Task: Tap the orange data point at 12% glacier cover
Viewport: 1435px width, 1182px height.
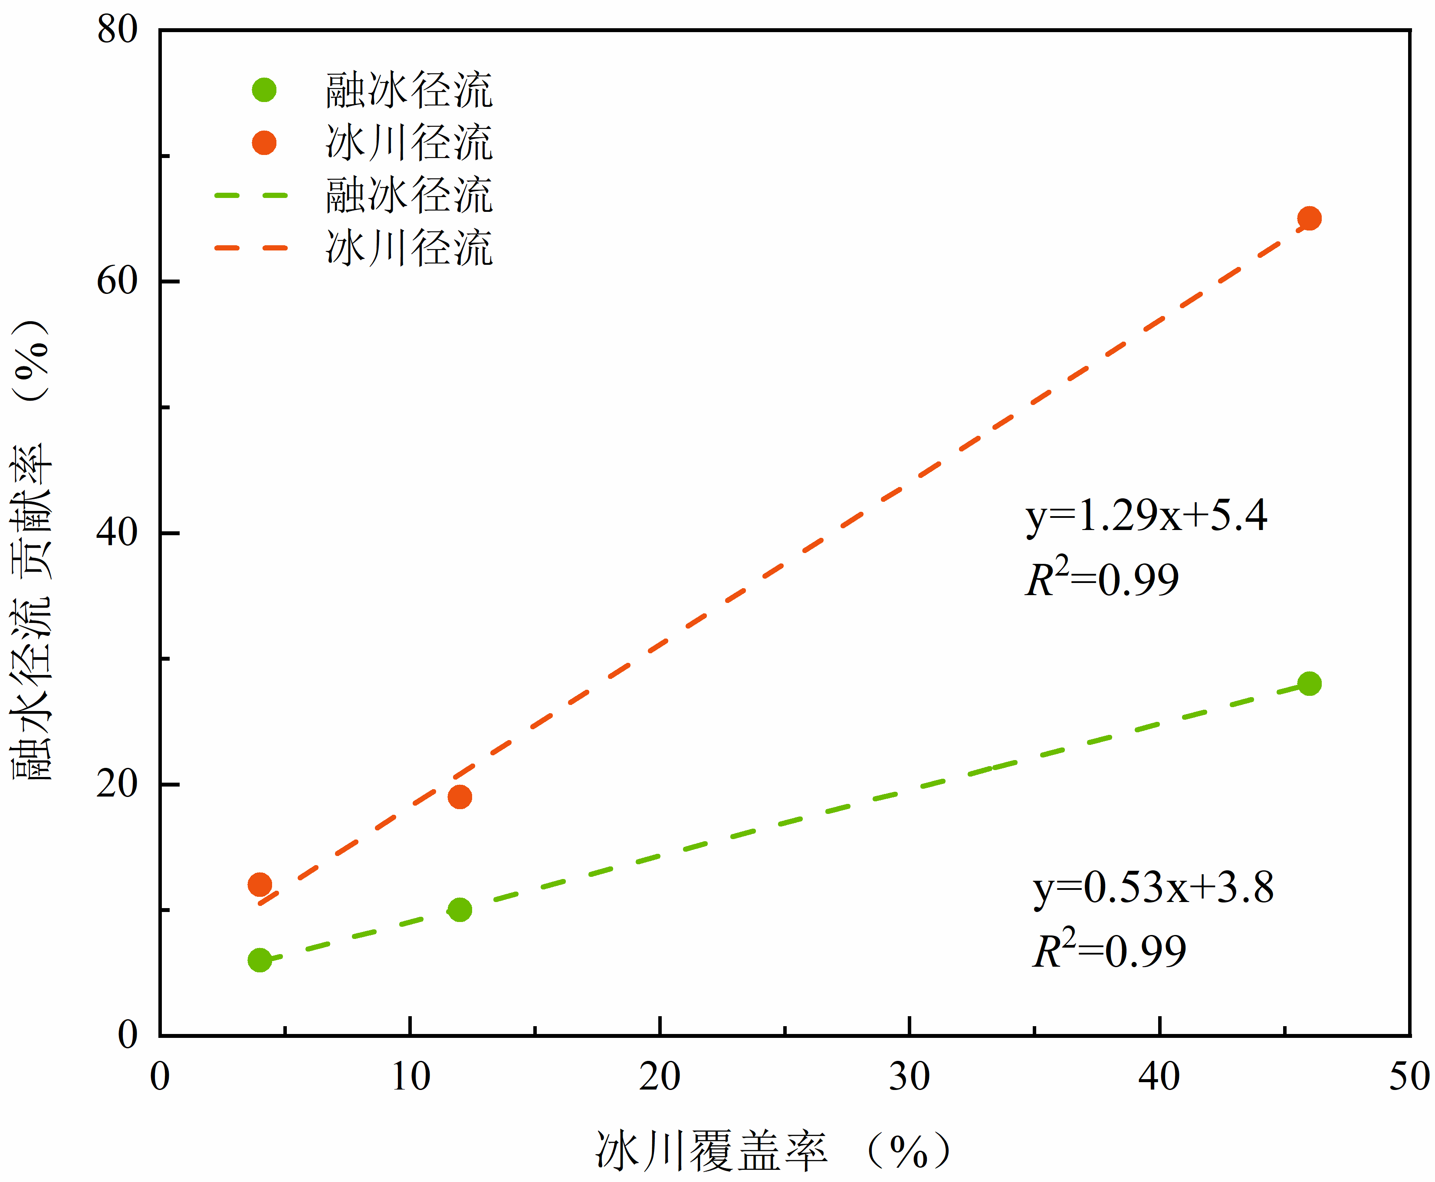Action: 460,797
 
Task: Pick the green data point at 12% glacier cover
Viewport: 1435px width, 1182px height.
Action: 460,910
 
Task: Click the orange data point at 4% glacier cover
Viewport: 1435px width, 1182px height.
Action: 260,885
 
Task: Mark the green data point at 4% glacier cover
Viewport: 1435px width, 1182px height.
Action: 260,960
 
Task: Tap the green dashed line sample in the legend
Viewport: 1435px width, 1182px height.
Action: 251,195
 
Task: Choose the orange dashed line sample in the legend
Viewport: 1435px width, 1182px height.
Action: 251,248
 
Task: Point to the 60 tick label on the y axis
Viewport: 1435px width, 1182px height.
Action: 117,280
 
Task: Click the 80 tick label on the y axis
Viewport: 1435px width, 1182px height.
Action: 117,30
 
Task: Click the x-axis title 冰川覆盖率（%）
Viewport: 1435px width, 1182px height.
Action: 773,1151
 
